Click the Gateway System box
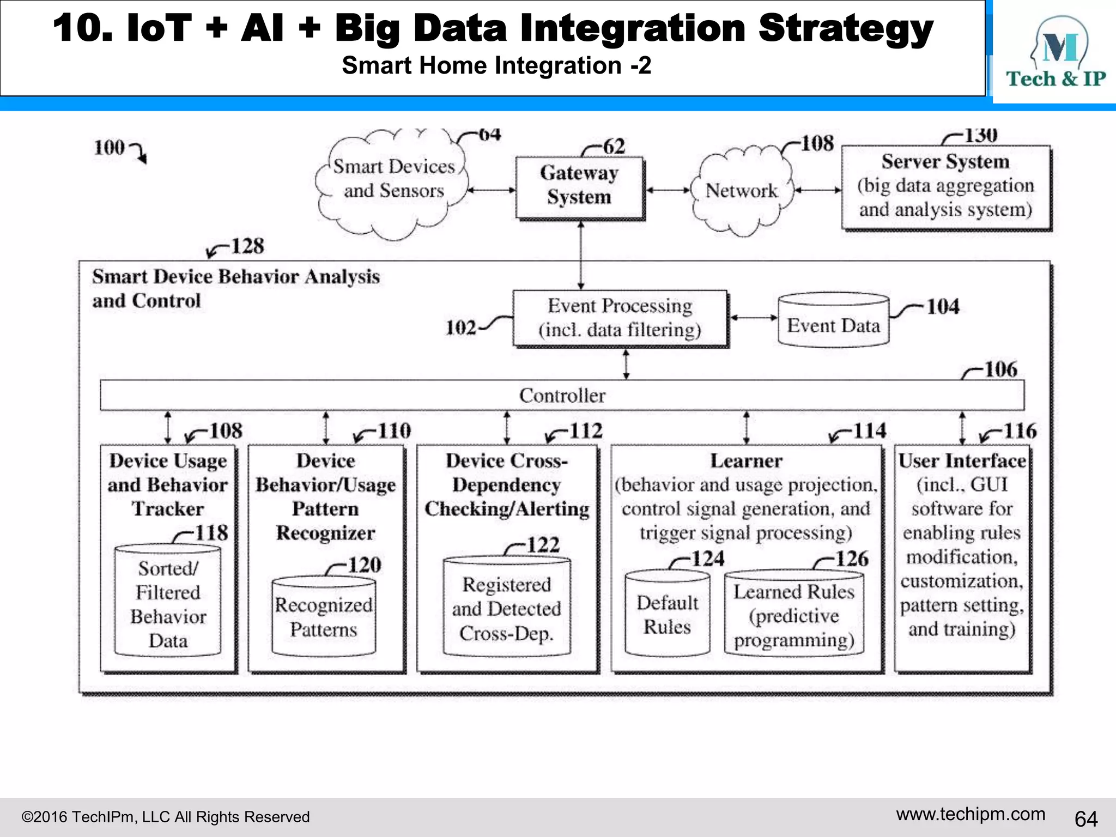(x=579, y=187)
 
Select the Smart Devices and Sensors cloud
(x=393, y=180)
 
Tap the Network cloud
(x=741, y=190)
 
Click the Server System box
(x=945, y=186)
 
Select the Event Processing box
(x=620, y=318)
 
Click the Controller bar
(x=562, y=395)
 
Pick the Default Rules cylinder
(x=667, y=614)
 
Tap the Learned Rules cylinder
(x=793, y=615)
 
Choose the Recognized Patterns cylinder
(x=323, y=617)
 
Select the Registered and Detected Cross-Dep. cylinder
(x=506, y=608)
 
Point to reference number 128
(x=247, y=246)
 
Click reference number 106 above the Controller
(x=1000, y=369)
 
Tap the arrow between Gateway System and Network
(x=668, y=190)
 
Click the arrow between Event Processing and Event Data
(x=754, y=318)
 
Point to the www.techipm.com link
(x=971, y=814)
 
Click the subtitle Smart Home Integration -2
(x=496, y=66)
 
